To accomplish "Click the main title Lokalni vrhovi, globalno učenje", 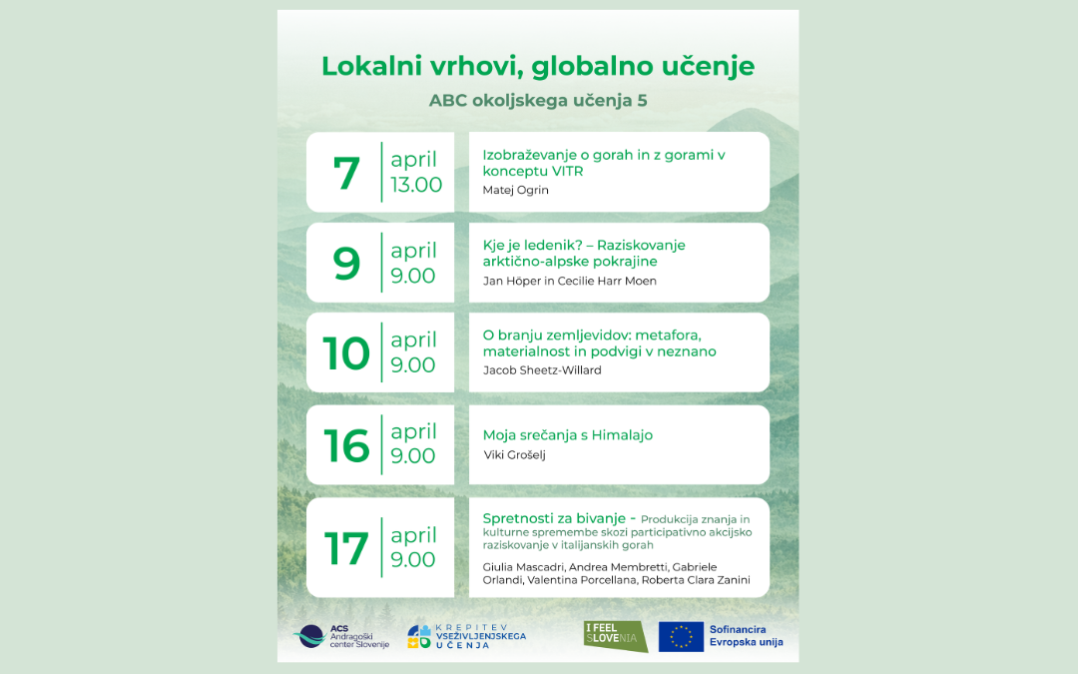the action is [x=538, y=67].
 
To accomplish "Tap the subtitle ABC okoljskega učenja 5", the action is [x=538, y=101].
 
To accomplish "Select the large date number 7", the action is [x=346, y=174].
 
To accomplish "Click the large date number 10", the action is [x=346, y=353].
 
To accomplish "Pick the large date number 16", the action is [x=346, y=445].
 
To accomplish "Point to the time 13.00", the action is [x=416, y=185].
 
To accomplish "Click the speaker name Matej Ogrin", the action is [x=516, y=190].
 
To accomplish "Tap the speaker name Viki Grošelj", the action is [x=514, y=454].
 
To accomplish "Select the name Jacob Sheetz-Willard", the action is [x=542, y=370].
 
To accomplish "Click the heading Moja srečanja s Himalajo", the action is [x=568, y=435].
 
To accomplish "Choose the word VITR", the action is [x=567, y=172].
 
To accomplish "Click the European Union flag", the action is [x=681, y=636].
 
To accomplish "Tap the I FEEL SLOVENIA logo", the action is [x=615, y=635].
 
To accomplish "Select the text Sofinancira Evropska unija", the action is [x=746, y=635].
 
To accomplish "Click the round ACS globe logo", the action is [x=310, y=636].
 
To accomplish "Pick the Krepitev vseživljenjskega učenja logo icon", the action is [x=418, y=637].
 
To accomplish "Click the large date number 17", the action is [x=346, y=549].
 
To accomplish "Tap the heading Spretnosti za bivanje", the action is [x=554, y=518].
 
